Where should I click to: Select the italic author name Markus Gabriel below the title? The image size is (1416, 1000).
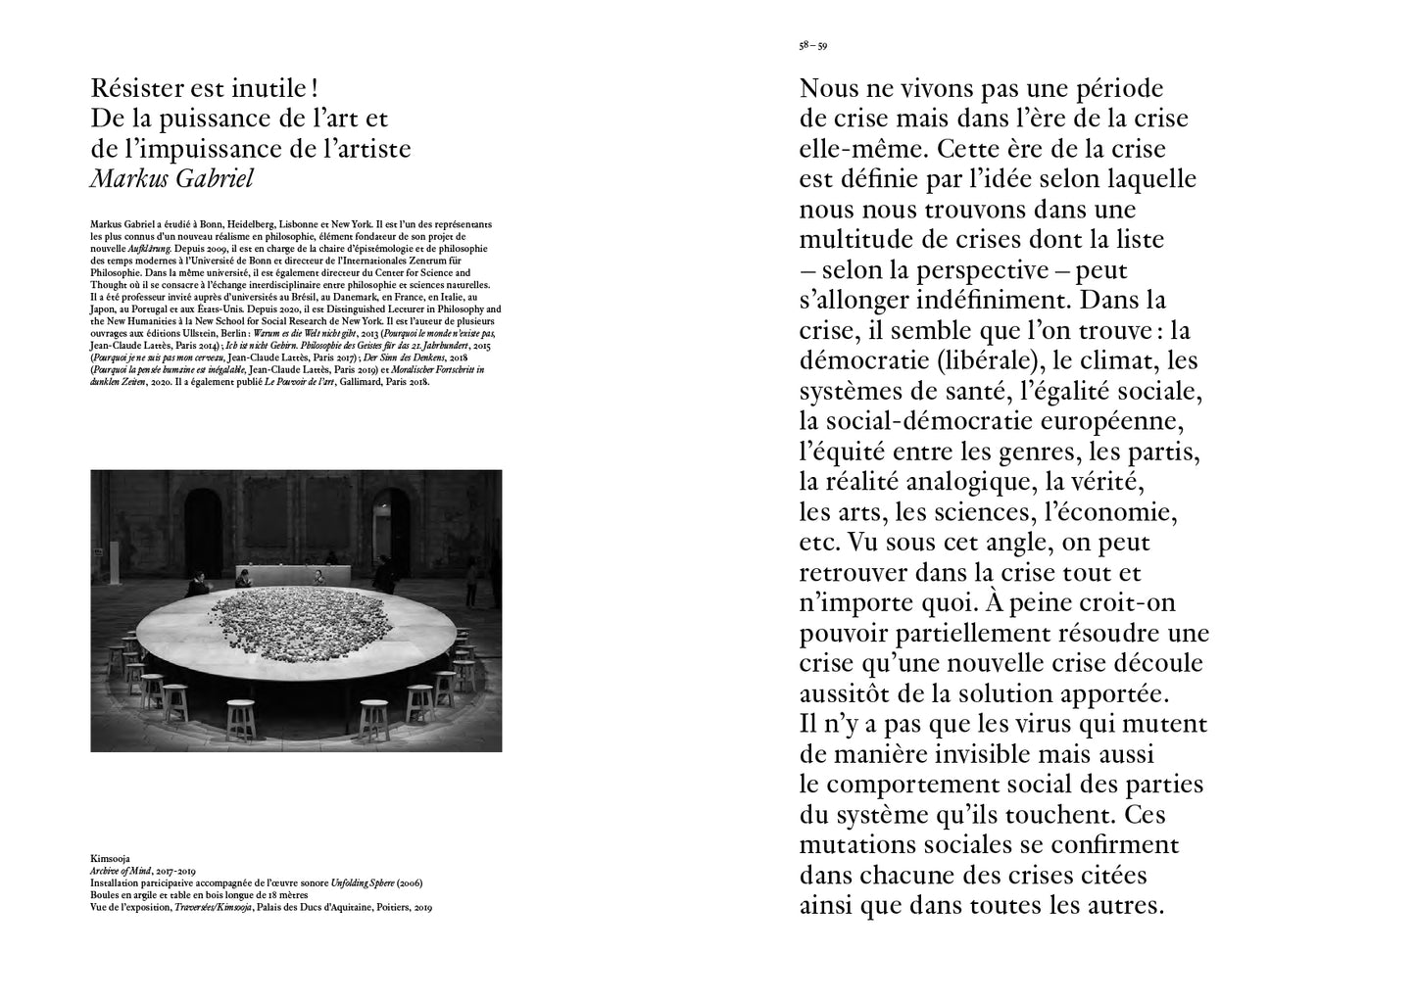tap(171, 178)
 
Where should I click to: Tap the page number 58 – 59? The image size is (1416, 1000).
tap(812, 45)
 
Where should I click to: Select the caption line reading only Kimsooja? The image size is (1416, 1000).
tap(110, 857)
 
